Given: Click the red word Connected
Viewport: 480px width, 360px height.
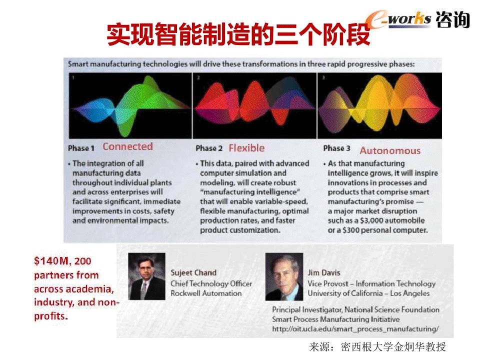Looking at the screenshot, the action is point(127,146).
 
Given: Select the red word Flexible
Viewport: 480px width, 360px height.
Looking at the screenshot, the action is point(246,148).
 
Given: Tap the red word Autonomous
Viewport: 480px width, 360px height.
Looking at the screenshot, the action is point(390,150).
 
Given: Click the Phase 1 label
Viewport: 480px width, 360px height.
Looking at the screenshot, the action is point(81,148).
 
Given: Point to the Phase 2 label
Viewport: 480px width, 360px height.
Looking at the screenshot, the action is point(209,148).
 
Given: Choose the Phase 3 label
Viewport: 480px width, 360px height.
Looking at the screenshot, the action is point(336,148).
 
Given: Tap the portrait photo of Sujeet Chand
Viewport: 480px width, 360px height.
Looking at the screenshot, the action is point(147,276).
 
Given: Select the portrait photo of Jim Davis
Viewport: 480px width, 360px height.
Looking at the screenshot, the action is point(284,276).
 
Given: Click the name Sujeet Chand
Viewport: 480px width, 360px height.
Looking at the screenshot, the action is point(193,272).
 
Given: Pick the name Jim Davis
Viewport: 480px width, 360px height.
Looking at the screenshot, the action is point(324,272).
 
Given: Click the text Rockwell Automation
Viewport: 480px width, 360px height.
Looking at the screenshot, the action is point(206,293).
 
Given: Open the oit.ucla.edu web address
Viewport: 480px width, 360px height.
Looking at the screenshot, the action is point(355,329).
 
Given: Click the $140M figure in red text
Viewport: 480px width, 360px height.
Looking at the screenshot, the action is point(51,261).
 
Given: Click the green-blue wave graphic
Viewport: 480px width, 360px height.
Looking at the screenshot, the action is point(130,105).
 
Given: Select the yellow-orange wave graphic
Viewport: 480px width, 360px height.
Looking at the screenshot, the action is point(379,105).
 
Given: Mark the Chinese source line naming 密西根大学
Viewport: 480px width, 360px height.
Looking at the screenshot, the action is point(377,347).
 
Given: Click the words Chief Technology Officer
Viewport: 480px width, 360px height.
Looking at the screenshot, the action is point(211,284).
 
